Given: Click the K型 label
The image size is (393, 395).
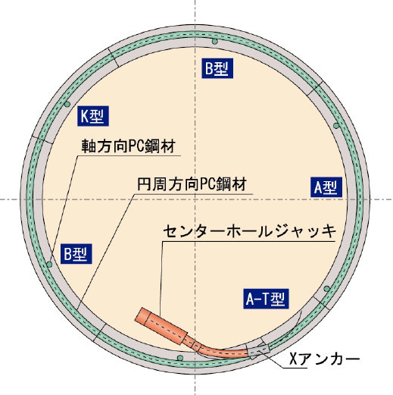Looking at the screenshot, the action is click(93, 116).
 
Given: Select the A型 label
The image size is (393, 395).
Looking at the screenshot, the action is click(326, 187).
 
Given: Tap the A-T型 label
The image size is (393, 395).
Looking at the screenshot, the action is click(266, 299).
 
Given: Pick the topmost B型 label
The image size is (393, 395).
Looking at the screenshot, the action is click(217, 68).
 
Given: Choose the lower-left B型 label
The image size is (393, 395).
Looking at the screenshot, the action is click(76, 254).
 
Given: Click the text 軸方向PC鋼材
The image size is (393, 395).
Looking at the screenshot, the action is click(129, 146).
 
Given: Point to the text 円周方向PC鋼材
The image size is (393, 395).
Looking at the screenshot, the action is click(192, 184).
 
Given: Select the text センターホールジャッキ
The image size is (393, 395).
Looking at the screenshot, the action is click(249, 231).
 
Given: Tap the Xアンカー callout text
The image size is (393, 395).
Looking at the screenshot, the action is click(325, 359).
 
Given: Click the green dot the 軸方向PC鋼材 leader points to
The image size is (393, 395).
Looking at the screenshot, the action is click(49, 265).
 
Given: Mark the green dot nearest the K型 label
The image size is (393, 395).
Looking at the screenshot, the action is click(67, 104).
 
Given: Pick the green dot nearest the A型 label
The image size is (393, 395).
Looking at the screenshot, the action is click(336, 126).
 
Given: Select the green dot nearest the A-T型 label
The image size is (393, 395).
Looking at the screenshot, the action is click(326, 289).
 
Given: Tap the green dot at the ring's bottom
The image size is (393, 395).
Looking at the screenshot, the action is click(180, 358).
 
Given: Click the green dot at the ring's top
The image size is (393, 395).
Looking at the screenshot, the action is click(214, 42).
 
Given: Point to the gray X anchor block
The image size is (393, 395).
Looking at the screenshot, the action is click(258, 350).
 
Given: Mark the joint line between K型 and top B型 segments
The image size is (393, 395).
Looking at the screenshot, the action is click(114, 58).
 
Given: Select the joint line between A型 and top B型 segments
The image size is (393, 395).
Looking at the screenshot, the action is click(315, 89).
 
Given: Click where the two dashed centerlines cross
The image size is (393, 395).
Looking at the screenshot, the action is click(195, 199).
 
